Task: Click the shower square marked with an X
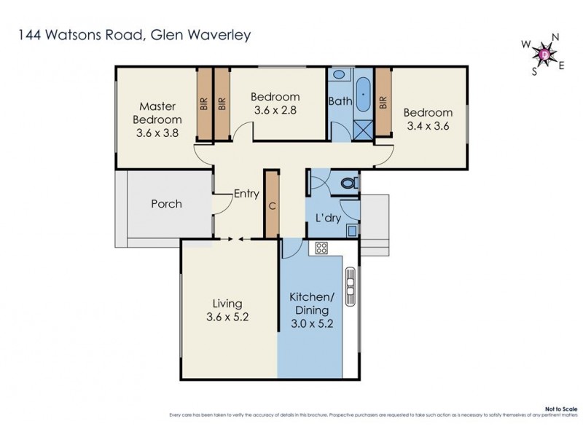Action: coord(362,129)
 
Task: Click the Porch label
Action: coord(166,204)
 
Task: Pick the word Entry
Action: coord(246,194)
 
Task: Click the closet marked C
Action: coord(272,204)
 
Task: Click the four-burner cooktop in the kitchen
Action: coord(321,248)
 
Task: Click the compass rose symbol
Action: coord(545,53)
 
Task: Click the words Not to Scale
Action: coord(561,409)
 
